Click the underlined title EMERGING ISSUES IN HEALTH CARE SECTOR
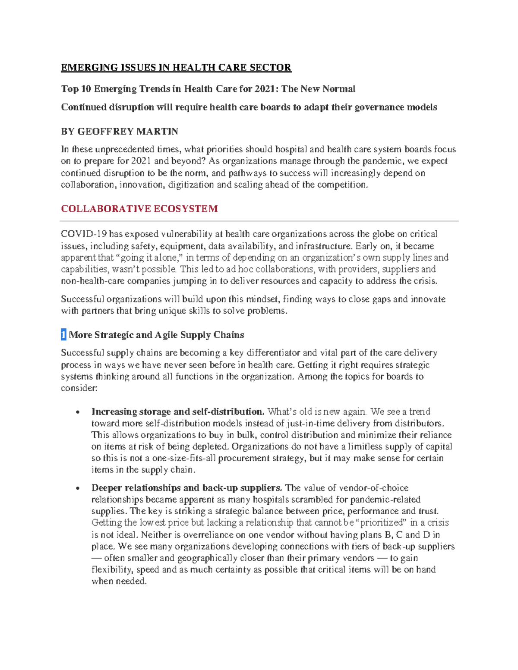tap(176, 67)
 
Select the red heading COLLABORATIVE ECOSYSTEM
tap(139, 209)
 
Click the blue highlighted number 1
tap(63, 335)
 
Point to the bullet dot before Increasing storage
tap(77, 412)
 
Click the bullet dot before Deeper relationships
tap(77, 489)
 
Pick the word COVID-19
tap(84, 234)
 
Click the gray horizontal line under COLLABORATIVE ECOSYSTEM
tap(259, 221)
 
